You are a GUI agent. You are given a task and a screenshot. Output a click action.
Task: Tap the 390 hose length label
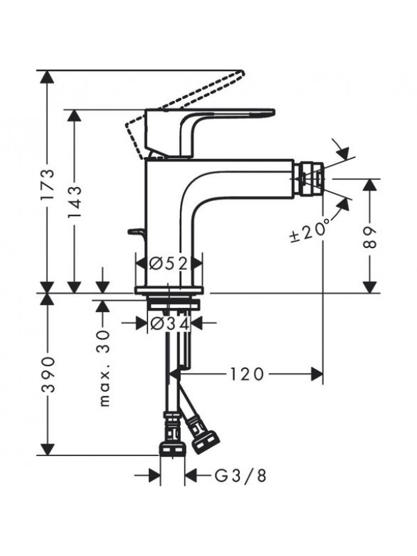point(47,375)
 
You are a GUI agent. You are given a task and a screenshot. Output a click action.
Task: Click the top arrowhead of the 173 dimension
point(47,76)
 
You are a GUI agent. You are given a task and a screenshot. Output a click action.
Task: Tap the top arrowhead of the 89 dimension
point(370,185)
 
